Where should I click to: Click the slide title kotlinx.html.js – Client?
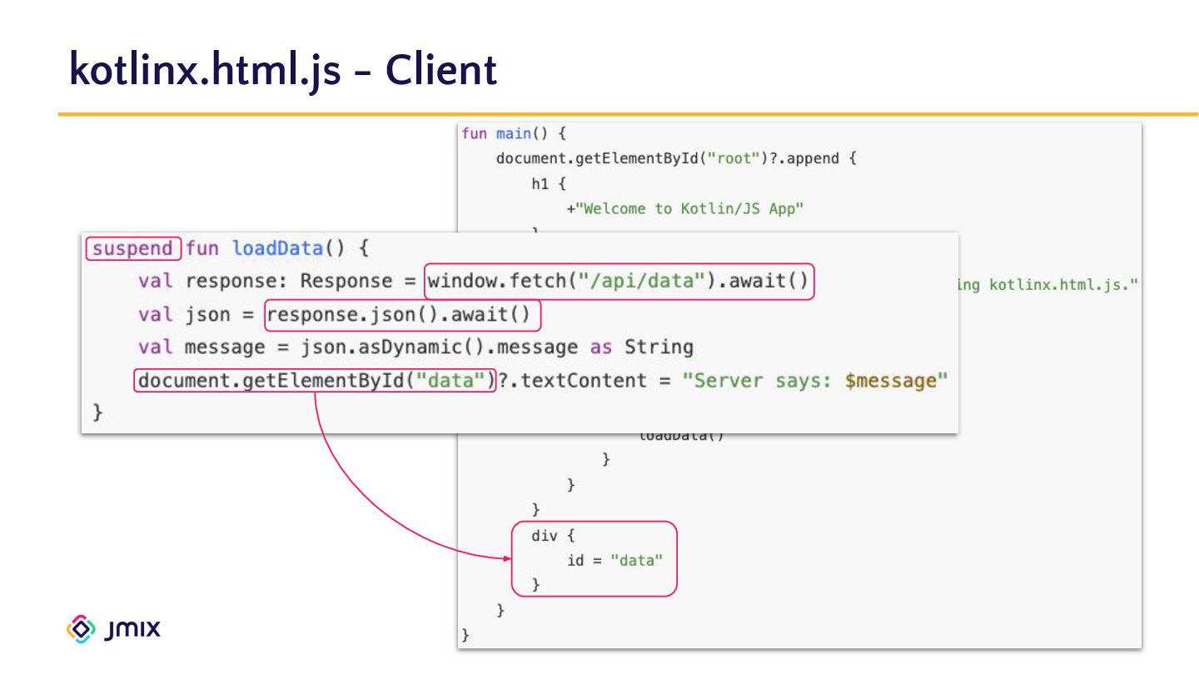click(x=283, y=69)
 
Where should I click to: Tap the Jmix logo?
click(x=113, y=628)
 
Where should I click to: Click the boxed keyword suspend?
click(x=132, y=248)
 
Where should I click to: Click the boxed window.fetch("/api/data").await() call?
click(x=619, y=281)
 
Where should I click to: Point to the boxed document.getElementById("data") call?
click(x=315, y=381)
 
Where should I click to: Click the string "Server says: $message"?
click(x=815, y=381)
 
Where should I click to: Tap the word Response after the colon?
click(x=346, y=281)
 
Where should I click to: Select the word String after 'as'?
click(x=659, y=347)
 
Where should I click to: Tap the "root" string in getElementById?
click(x=728, y=158)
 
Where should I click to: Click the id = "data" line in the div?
click(x=614, y=560)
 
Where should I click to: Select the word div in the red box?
click(x=544, y=536)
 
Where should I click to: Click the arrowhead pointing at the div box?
click(x=507, y=559)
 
